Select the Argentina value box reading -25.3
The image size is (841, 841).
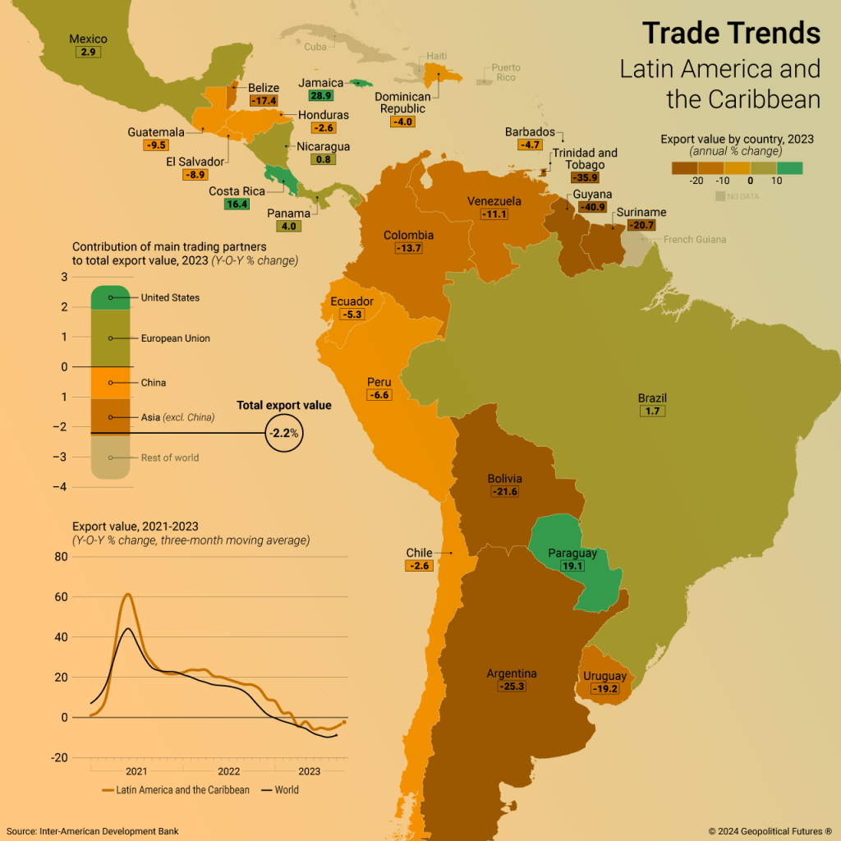point(512,686)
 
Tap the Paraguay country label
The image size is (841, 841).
point(572,553)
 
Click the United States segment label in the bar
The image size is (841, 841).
point(170,297)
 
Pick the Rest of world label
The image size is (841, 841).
point(170,457)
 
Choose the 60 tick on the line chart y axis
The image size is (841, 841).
point(61,597)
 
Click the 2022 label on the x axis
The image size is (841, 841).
point(228,771)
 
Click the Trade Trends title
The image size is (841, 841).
point(731,33)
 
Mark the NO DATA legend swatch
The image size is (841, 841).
point(720,196)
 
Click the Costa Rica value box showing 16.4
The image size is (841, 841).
point(237,204)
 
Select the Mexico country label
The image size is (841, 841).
point(88,39)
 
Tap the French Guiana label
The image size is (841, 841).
point(694,240)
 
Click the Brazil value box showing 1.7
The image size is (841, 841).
point(653,411)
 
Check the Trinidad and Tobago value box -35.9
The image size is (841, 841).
point(586,177)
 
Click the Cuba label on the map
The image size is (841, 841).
point(315,47)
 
